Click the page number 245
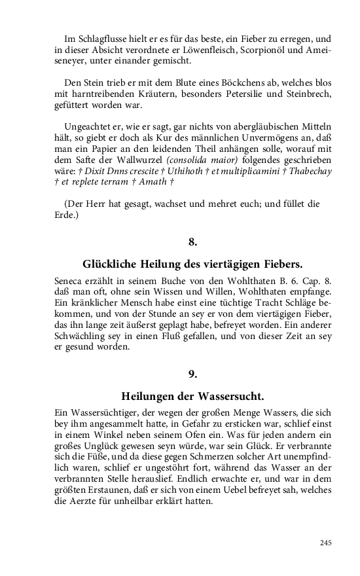(x=325, y=543)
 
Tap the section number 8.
(x=192, y=242)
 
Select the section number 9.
(x=192, y=374)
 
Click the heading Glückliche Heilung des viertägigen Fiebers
(x=192, y=265)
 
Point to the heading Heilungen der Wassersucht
(x=192, y=397)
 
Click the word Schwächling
(x=77, y=336)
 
